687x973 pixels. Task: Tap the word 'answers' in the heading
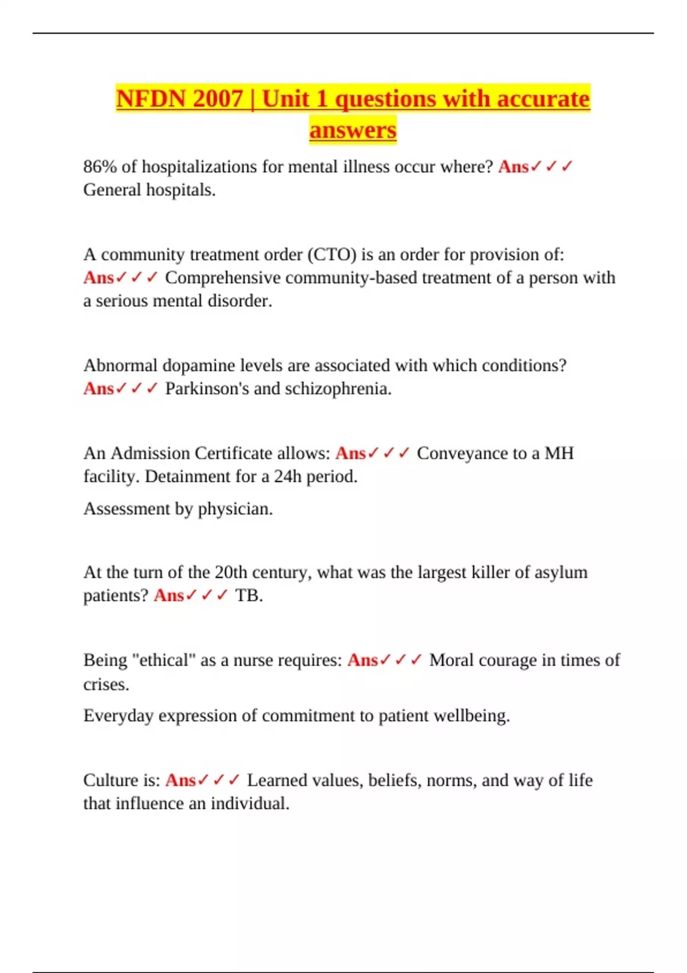(x=353, y=129)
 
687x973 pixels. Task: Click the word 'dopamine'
(x=199, y=366)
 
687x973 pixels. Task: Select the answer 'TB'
(x=247, y=596)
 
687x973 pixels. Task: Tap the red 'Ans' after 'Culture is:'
(x=180, y=781)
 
